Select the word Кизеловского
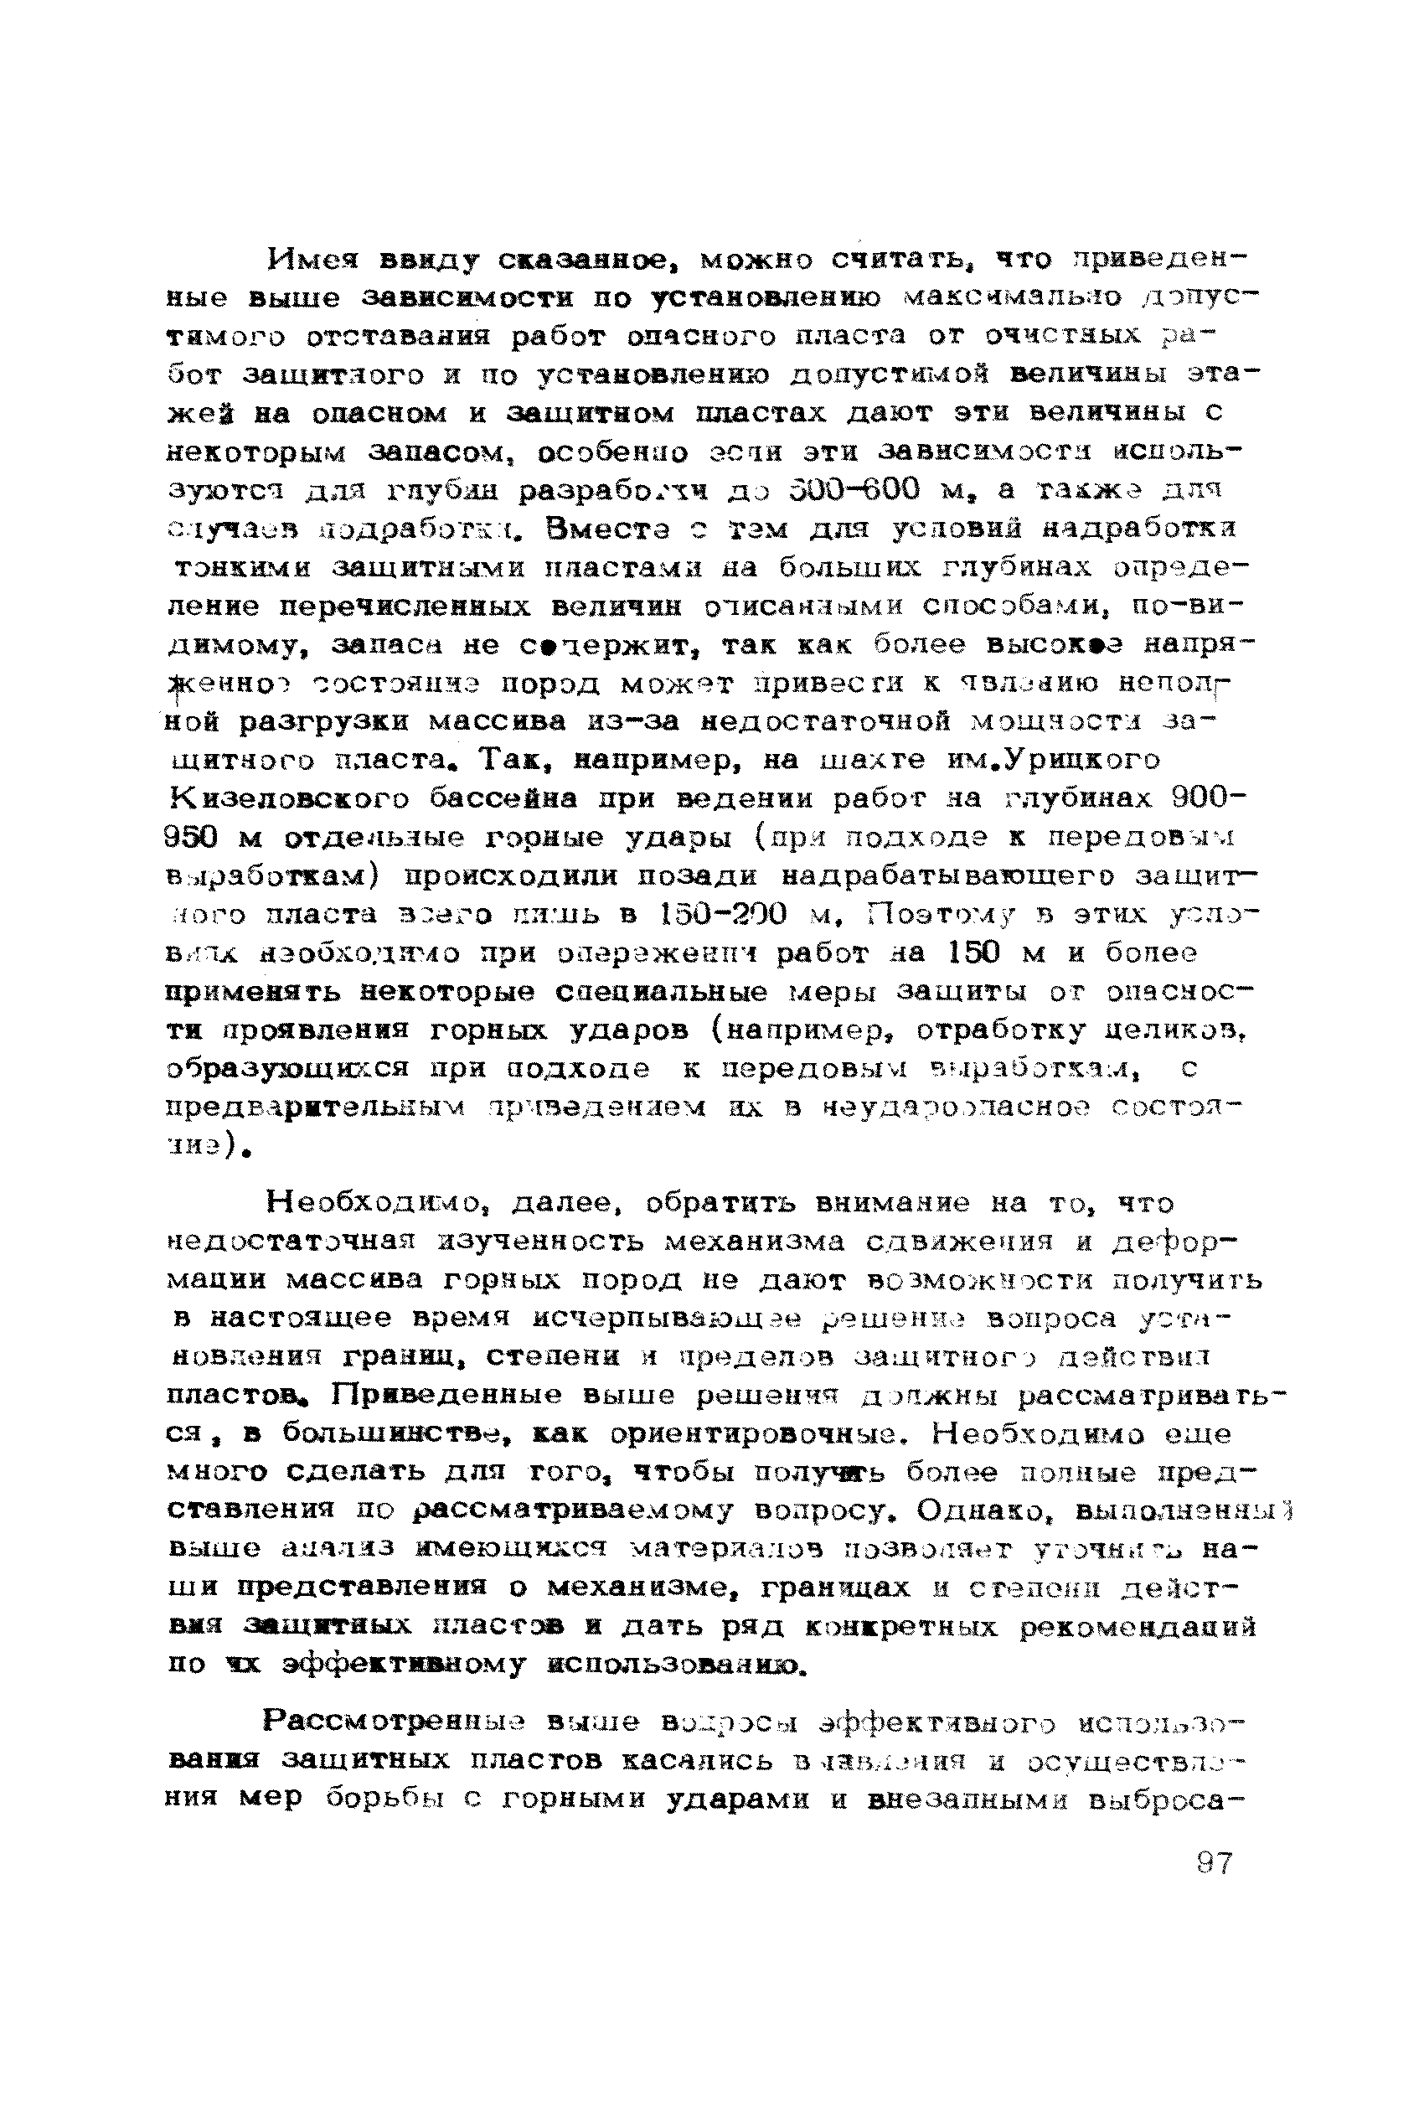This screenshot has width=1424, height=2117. pos(289,798)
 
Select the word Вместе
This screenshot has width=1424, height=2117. pos(617,529)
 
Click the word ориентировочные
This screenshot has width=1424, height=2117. pos(763,1434)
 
